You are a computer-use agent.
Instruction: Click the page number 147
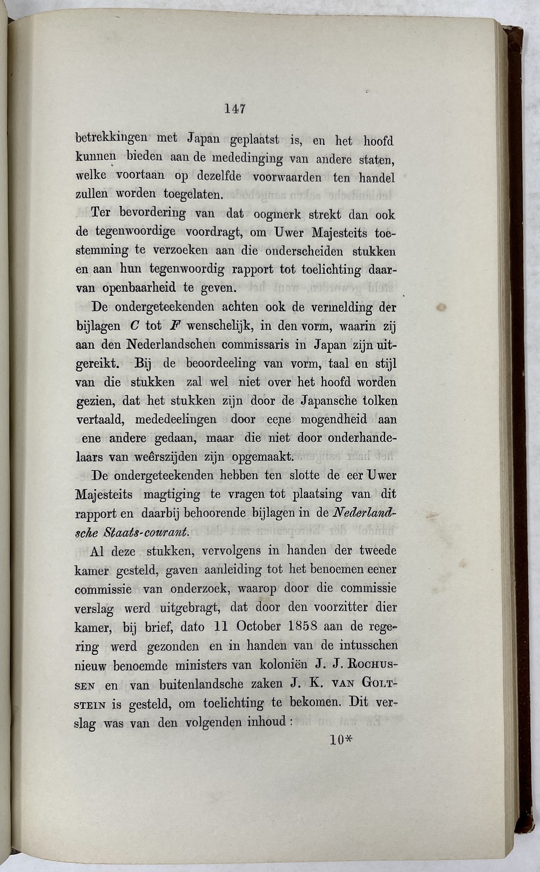pos(235,109)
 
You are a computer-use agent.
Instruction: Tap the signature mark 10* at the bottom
pos(341,740)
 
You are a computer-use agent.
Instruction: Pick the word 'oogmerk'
pos(275,214)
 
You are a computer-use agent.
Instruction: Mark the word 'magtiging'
pos(172,495)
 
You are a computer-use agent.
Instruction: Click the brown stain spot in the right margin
pos(441,308)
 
